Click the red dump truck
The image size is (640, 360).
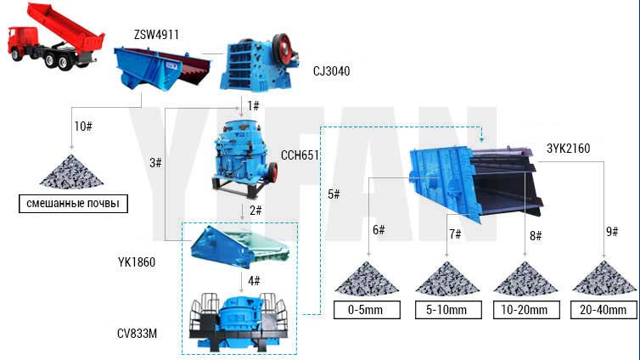tap(55, 37)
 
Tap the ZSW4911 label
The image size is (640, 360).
tap(156, 35)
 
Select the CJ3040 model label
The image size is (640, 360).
tap(331, 71)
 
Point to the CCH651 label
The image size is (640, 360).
tap(300, 155)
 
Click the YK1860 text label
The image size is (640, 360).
tap(137, 262)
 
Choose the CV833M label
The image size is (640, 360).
tap(137, 334)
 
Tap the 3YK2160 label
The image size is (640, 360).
tap(568, 149)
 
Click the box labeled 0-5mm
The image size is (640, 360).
tap(367, 310)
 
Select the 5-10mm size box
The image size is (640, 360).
tap(448, 310)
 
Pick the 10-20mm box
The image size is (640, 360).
tap(525, 310)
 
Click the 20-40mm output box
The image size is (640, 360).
tap(604, 310)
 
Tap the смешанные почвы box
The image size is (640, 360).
tap(73, 204)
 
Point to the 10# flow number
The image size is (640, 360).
tap(83, 127)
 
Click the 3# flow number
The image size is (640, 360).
tap(155, 163)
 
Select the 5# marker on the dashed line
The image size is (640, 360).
tap(334, 194)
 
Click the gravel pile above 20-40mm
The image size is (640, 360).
tap(604, 278)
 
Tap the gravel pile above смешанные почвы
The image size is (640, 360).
tap(72, 172)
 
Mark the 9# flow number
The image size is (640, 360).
tap(612, 232)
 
